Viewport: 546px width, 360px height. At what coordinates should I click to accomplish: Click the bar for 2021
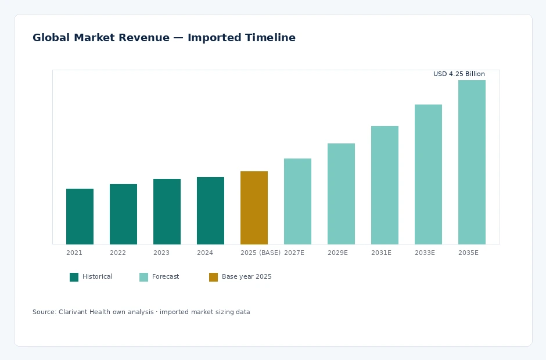(80, 216)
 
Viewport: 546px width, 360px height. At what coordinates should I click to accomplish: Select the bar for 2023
(167, 211)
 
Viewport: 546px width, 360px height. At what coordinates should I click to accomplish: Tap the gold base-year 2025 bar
(254, 207)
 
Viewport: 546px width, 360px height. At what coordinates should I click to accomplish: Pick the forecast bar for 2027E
(298, 201)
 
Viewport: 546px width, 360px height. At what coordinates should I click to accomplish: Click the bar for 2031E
(385, 185)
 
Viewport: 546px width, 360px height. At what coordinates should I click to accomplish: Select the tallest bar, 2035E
(472, 162)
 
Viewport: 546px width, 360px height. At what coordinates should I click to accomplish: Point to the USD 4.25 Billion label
(459, 74)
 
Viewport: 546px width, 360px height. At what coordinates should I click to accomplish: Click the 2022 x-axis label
(118, 253)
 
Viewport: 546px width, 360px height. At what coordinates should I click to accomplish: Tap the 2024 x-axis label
(204, 253)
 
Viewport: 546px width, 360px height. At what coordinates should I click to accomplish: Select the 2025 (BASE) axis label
(260, 253)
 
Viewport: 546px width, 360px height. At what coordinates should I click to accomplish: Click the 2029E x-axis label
(338, 253)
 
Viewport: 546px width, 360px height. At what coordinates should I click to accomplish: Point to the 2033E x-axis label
(425, 253)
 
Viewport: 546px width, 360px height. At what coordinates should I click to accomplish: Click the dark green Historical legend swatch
(74, 277)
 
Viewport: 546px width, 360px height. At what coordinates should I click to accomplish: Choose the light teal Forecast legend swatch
(144, 277)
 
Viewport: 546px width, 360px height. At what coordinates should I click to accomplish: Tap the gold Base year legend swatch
(213, 277)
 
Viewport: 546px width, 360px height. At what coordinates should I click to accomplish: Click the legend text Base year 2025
(246, 277)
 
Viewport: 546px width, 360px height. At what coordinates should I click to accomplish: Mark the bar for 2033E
(428, 174)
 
